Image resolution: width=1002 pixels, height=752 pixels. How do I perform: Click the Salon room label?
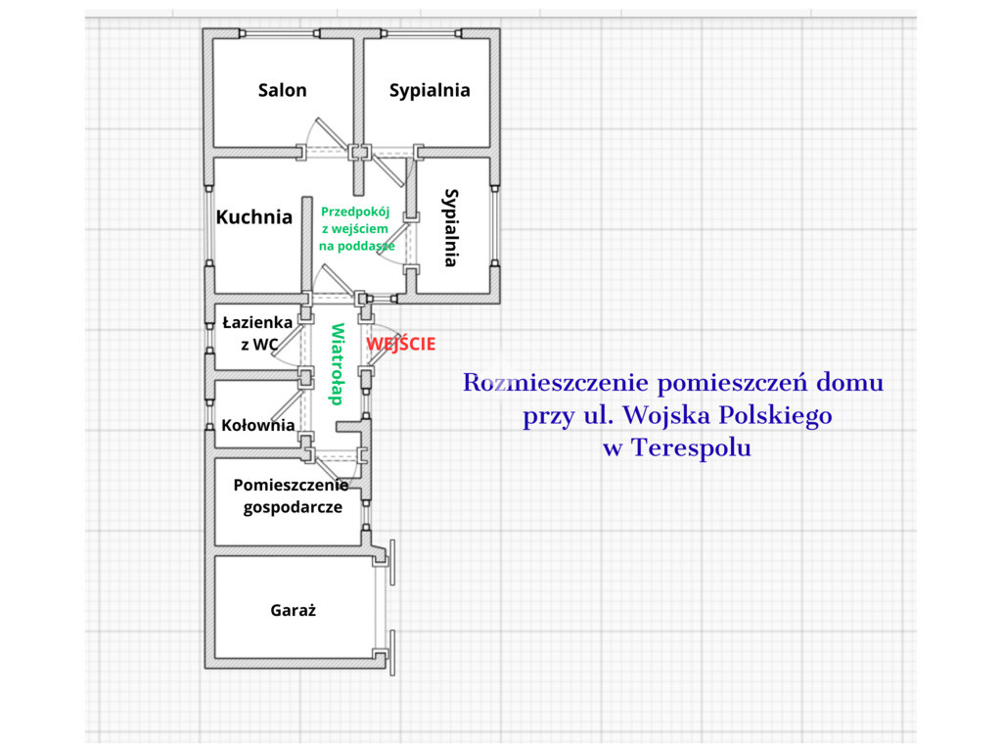[282, 90]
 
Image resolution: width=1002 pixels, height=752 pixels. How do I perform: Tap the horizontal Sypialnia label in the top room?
[430, 91]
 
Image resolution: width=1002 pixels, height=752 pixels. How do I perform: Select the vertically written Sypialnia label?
[451, 227]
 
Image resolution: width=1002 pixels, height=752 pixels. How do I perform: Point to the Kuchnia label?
[254, 217]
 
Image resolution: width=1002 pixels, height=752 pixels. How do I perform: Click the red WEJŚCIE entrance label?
[400, 344]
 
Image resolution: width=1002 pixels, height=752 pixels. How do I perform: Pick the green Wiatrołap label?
[337, 364]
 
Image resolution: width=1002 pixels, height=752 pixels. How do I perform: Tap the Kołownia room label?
[258, 425]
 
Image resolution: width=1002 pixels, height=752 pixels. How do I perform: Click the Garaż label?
[293, 611]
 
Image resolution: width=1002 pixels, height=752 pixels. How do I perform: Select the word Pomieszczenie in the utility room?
[291, 486]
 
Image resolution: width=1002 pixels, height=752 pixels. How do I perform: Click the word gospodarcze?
[293, 508]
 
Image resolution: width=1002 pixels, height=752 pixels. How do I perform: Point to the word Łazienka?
[257, 322]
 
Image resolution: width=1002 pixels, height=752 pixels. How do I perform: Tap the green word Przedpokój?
[355, 212]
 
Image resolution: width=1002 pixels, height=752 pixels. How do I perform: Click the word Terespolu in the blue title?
[692, 446]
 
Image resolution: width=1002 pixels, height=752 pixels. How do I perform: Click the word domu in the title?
[850, 383]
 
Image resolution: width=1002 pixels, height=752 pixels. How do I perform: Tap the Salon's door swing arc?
[310, 131]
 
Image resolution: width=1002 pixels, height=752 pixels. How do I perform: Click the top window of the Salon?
[279, 33]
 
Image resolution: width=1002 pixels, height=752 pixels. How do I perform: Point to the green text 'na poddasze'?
[356, 246]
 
